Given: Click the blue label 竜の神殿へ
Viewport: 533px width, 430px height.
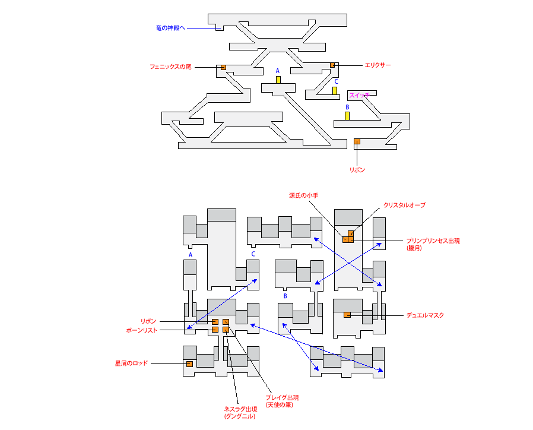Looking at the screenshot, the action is point(170,28).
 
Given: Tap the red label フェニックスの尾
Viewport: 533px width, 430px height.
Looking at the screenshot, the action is point(170,67).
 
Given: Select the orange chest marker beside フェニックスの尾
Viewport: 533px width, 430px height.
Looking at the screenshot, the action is point(223,67).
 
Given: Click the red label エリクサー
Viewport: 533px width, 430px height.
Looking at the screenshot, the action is point(377,65).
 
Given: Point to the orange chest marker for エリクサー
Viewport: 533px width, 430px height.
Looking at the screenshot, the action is point(332,65).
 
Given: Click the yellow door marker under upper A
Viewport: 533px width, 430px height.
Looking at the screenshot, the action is point(278,80).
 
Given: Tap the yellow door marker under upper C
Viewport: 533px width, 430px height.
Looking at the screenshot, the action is point(335,91).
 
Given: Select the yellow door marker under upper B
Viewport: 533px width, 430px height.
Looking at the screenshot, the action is point(347,116).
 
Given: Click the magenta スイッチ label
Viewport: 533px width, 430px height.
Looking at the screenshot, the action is point(359,95).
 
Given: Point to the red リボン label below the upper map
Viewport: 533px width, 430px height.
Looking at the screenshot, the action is point(357,170).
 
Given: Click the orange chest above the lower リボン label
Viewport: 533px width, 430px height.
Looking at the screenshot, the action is point(357,141).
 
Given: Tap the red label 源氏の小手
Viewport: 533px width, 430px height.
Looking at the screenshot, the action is point(303,195).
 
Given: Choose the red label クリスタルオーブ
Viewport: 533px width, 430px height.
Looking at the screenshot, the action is point(405,205).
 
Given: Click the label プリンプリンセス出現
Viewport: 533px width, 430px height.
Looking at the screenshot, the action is point(433,241).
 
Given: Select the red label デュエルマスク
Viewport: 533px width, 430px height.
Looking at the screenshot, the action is point(425,315).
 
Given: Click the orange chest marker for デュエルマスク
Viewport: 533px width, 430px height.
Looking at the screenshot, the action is point(347,315).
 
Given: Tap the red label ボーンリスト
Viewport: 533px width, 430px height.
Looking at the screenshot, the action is point(142,330).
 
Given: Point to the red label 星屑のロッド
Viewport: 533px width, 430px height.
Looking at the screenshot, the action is point(131,363).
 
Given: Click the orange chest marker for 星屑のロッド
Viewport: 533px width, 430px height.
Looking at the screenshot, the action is point(190,364).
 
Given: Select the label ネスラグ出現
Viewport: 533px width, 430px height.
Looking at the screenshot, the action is point(240,409).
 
